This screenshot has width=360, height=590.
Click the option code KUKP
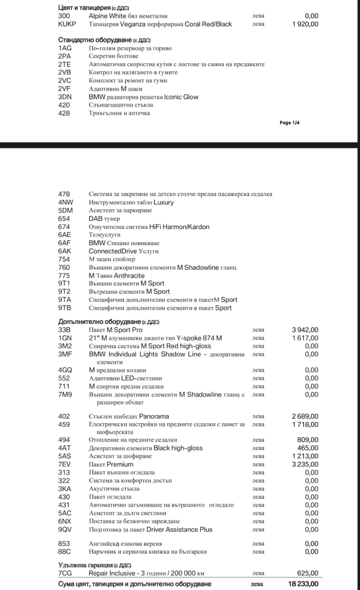click(x=67, y=24)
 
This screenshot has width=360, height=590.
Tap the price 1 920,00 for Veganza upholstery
click(x=305, y=24)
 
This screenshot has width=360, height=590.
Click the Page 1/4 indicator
click(x=289, y=122)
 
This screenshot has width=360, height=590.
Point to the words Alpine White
click(x=108, y=16)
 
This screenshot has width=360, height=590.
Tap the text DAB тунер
click(x=104, y=219)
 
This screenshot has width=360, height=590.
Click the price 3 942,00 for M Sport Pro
click(x=305, y=330)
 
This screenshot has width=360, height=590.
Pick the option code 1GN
click(x=65, y=338)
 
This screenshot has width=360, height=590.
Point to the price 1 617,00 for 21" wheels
click(x=305, y=338)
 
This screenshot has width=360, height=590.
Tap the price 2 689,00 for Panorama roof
click(x=305, y=416)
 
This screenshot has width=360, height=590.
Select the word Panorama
click(x=154, y=416)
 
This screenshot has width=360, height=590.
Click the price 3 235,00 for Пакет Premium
click(x=305, y=464)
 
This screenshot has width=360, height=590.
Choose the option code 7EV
click(x=64, y=464)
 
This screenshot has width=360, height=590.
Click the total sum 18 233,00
click(x=303, y=584)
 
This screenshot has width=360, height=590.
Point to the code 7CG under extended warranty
click(x=65, y=573)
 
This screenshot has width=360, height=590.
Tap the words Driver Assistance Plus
click(x=183, y=529)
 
